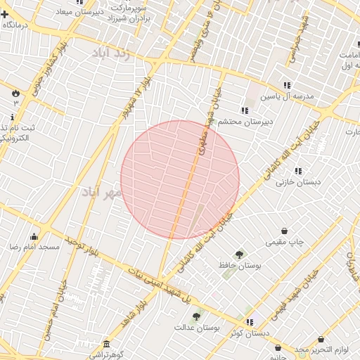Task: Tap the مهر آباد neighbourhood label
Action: pyautogui.click(x=103, y=191)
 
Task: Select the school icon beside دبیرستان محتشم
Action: pyautogui.click(x=244, y=110)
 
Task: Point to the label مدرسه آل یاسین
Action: pyautogui.click(x=287, y=97)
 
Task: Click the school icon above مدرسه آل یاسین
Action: pyautogui.click(x=287, y=85)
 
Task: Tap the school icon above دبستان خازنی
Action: pyautogui.click(x=298, y=170)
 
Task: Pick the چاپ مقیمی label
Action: pyautogui.click(x=285, y=242)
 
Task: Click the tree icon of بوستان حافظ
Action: pyautogui.click(x=240, y=254)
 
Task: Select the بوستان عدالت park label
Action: pyautogui.click(x=198, y=328)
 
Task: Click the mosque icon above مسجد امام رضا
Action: pyautogui.click(x=34, y=236)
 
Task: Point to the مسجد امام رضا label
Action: pyautogui.click(x=34, y=247)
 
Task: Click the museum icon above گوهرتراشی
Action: pyautogui.click(x=106, y=344)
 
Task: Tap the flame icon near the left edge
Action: pyautogui.click(x=15, y=92)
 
